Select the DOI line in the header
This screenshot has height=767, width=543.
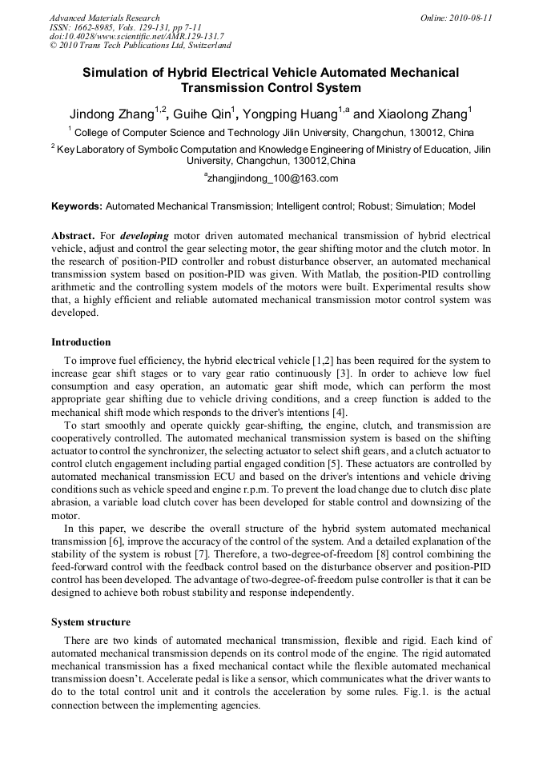tap(136, 37)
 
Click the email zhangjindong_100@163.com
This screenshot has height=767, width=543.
tap(272, 178)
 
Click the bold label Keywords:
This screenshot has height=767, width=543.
tap(77, 206)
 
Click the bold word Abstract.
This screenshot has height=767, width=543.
tap(72, 238)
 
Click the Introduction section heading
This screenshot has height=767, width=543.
tap(81, 342)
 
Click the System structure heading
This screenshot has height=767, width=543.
tap(90, 622)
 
